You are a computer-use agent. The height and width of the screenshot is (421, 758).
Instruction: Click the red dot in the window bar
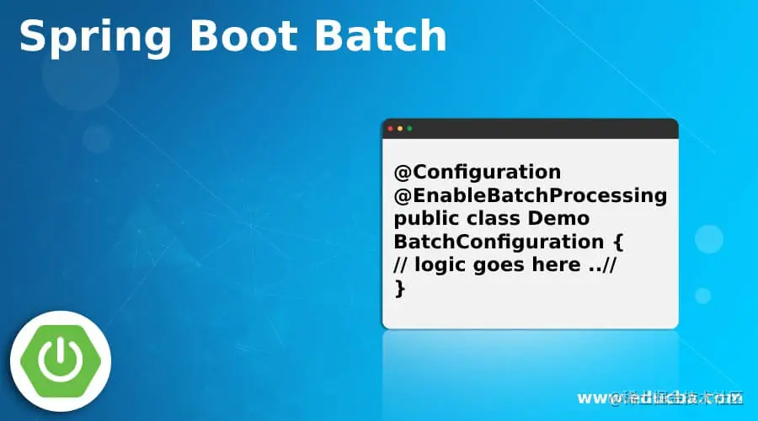[x=390, y=129]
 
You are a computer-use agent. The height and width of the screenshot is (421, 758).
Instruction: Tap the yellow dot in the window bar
[x=400, y=129]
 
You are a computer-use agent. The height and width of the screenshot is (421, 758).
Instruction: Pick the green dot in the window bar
[x=410, y=129]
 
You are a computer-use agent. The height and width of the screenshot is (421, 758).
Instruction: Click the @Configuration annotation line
[x=477, y=173]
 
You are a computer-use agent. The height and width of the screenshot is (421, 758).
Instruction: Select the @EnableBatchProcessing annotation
[x=530, y=196]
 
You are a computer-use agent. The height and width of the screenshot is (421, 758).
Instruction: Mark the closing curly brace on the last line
[x=400, y=288]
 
